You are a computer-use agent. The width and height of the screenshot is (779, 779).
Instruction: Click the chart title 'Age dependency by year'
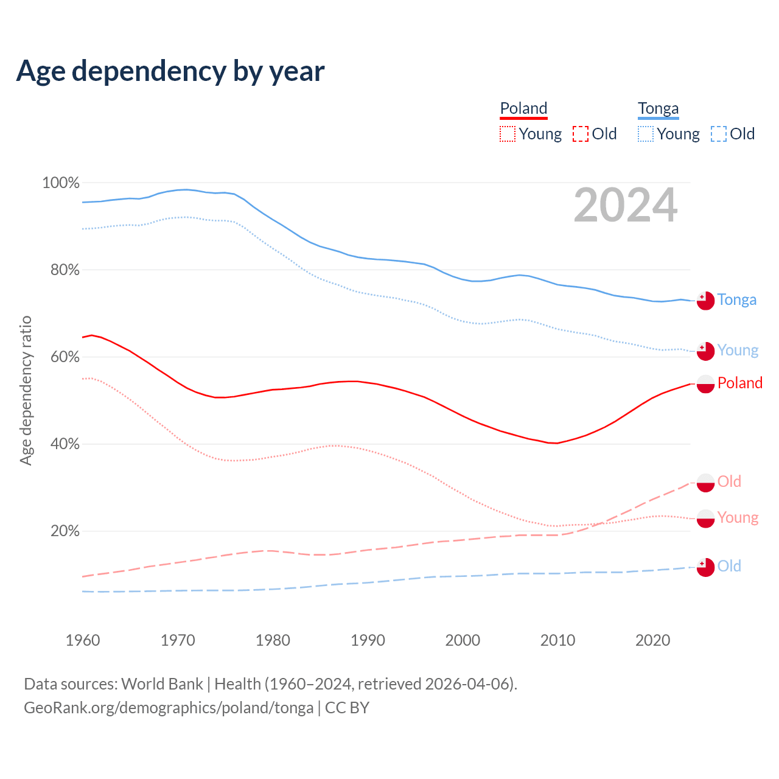170,71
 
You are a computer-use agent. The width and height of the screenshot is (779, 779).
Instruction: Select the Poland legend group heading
523,109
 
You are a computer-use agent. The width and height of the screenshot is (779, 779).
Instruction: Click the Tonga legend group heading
658,109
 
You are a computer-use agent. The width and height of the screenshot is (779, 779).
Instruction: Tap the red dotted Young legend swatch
508,134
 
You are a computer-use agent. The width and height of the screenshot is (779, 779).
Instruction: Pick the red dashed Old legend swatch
581,134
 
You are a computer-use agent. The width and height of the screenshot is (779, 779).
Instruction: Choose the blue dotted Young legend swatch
646,134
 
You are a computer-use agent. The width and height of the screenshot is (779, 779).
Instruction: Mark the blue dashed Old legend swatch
719,134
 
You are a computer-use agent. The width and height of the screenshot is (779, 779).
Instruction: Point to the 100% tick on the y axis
61,183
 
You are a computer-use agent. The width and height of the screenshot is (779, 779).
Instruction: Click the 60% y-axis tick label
65,357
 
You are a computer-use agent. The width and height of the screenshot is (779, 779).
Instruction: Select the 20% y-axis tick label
65,531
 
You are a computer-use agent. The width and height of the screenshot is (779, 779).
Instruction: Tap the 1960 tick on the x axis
83,640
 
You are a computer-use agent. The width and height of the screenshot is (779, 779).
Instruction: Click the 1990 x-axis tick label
368,640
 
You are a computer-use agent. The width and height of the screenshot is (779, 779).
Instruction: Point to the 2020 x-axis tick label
652,640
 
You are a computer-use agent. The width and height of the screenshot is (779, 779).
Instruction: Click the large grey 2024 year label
625,205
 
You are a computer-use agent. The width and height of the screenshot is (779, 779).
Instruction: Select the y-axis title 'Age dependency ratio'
26,390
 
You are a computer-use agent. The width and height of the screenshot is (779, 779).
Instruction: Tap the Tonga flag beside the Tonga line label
705,301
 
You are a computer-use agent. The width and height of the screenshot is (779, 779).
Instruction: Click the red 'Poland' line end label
739,383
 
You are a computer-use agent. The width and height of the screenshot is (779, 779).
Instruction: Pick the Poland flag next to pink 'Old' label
705,483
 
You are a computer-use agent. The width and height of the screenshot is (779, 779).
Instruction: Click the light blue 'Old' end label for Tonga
729,566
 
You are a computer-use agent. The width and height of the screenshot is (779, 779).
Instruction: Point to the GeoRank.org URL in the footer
169,708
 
